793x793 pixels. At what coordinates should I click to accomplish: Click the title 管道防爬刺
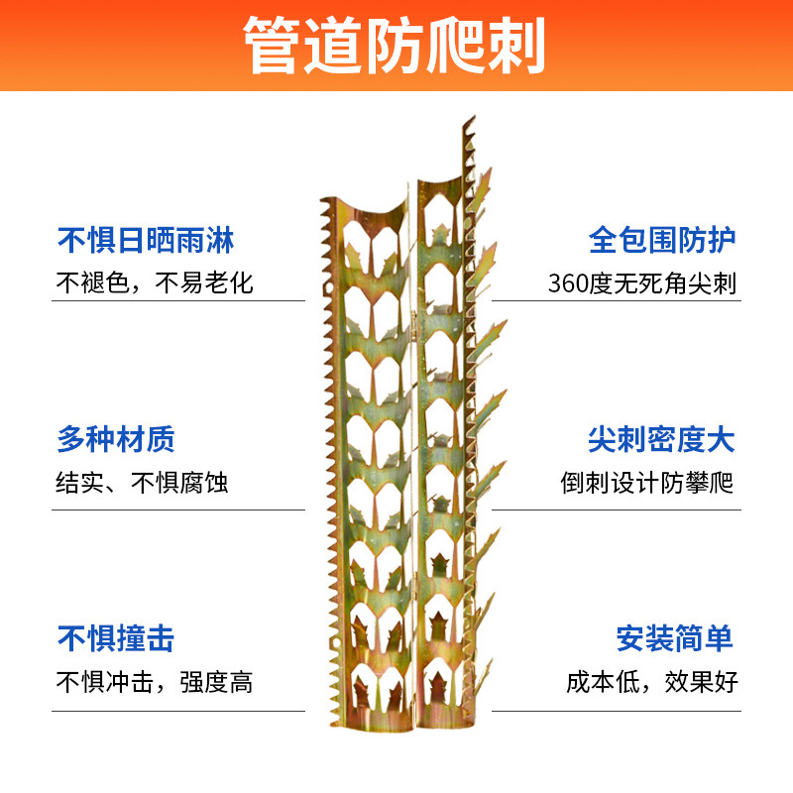click(x=396, y=46)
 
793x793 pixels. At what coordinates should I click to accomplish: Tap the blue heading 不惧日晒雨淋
click(x=146, y=240)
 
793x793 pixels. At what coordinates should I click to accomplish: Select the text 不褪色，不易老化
click(x=155, y=283)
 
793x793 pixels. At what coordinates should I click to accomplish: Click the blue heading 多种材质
click(x=116, y=439)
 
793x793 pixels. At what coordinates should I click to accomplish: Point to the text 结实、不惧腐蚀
click(x=143, y=483)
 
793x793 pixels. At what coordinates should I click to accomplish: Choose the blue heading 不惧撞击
click(x=116, y=638)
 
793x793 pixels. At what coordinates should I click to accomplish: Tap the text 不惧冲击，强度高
click(x=155, y=682)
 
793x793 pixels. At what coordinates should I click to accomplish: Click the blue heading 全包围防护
click(x=662, y=240)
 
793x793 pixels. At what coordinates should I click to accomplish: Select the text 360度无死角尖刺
click(x=642, y=283)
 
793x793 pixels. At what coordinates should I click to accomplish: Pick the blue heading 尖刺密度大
click(x=662, y=439)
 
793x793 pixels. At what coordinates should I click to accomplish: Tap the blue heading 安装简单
click(x=675, y=638)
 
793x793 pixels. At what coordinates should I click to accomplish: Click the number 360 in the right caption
click(x=568, y=283)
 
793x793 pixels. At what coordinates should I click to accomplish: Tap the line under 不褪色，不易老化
click(x=178, y=301)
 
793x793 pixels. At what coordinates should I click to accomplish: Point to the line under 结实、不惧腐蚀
click(x=178, y=510)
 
